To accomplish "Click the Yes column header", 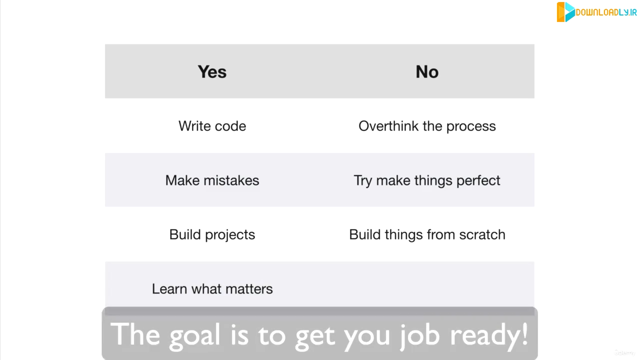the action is [x=212, y=71].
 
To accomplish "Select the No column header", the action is [x=427, y=71].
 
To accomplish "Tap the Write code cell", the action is [x=212, y=126].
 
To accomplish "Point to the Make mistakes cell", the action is [x=212, y=180].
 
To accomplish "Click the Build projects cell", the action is [x=212, y=235].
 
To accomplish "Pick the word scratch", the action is [x=482, y=234].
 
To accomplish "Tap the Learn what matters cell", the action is [x=212, y=289].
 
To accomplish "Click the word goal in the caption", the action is [x=195, y=335].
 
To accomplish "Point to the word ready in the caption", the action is [x=484, y=335].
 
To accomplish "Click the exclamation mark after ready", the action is [x=524, y=333].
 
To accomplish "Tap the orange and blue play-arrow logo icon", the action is [x=565, y=12].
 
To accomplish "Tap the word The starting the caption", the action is [x=135, y=333].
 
